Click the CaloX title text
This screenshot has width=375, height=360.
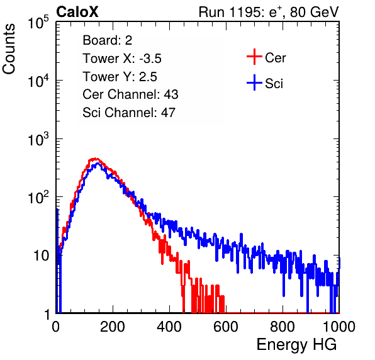[77, 12]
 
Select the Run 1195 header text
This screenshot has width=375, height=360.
[269, 12]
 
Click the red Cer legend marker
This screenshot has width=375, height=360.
[254, 57]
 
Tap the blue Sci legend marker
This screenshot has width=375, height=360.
[254, 82]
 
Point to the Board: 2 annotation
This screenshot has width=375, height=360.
[107, 40]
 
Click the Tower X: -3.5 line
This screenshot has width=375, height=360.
[122, 59]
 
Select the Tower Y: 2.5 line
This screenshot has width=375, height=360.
[120, 77]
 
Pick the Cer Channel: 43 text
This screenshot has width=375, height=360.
[130, 94]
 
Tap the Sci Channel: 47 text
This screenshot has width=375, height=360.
[129, 113]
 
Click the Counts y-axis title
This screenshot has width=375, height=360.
[9, 49]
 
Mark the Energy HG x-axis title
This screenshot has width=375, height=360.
[296, 345]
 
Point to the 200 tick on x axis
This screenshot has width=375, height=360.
[113, 327]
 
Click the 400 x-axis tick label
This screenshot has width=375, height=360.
[169, 327]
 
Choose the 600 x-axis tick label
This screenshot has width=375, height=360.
[226, 327]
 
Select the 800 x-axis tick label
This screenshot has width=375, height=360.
[283, 327]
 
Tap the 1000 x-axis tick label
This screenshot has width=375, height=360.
[339, 327]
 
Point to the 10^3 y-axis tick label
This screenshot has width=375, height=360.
[38, 139]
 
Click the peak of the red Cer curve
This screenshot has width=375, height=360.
[95, 159]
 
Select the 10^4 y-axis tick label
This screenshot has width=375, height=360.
[38, 81]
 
